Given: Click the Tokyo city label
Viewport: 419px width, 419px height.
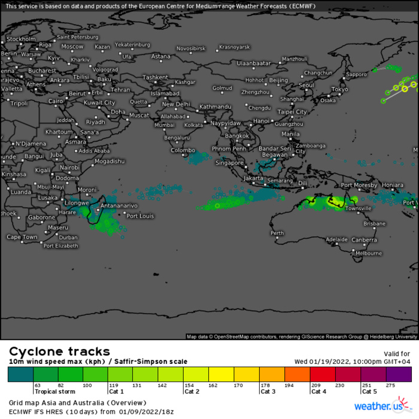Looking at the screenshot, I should pos(339,89).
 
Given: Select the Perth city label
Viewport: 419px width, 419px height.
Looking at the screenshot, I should pos(277,233).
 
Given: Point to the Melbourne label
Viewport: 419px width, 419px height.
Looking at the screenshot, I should pos(369,253).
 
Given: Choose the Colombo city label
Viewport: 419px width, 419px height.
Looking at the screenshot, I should pos(183,150).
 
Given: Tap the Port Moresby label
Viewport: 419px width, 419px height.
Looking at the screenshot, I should pos(359,185).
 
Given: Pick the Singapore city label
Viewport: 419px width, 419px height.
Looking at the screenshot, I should pos(230,163).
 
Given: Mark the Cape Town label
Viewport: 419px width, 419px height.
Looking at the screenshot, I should pos(22,237).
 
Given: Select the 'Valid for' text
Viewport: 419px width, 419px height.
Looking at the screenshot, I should pos(397,354).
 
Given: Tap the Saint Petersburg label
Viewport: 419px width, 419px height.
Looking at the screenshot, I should pos(77,37).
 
